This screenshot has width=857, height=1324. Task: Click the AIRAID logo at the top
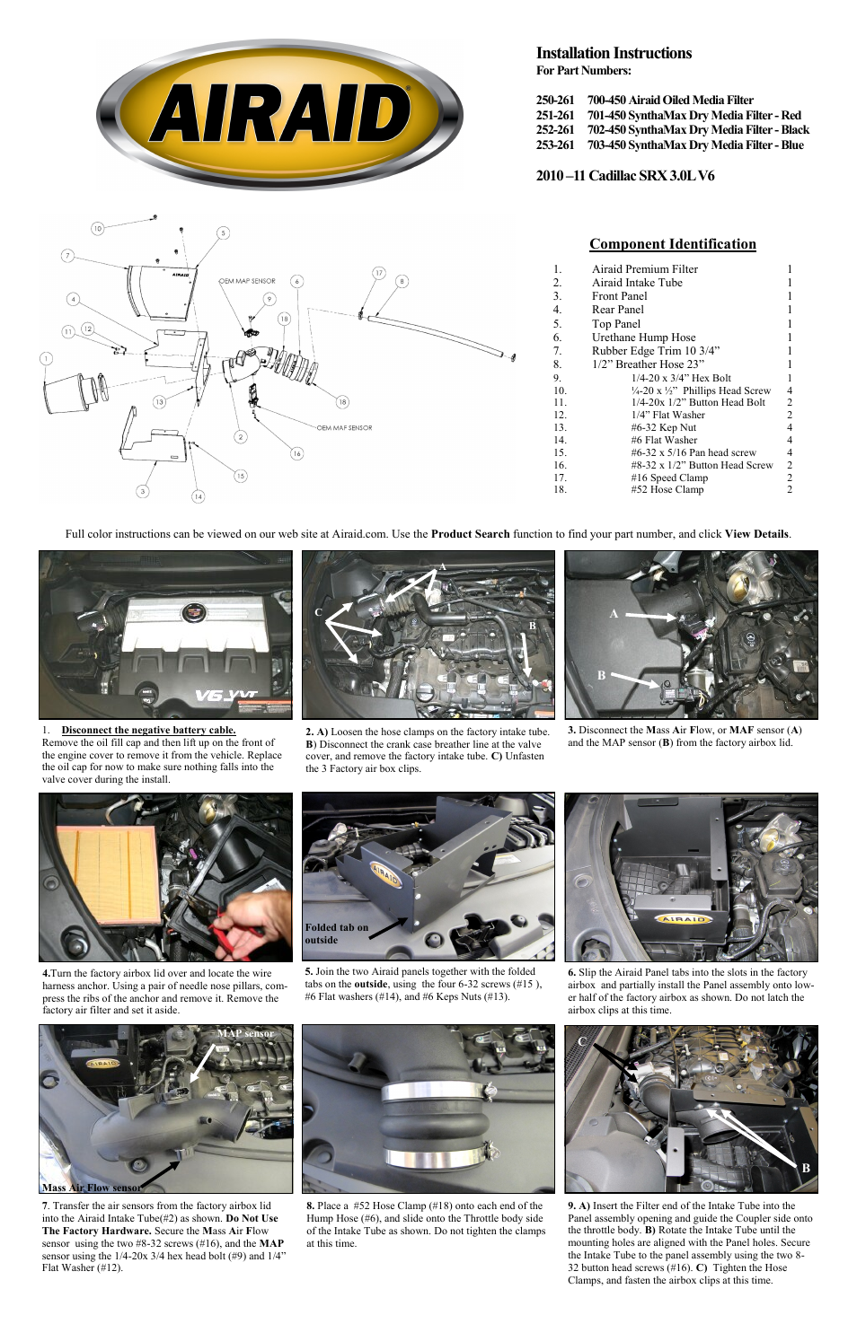(279, 115)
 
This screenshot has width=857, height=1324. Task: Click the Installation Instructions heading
(614, 53)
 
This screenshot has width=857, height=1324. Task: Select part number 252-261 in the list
(555, 129)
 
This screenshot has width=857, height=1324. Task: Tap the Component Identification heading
(672, 244)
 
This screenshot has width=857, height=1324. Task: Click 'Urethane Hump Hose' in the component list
(643, 338)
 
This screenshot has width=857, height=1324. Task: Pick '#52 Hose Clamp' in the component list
(667, 489)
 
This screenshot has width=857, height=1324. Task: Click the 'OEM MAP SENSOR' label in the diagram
(247, 281)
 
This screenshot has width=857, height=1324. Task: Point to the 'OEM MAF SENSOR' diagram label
(344, 427)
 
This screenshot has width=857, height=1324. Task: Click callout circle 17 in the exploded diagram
(379, 273)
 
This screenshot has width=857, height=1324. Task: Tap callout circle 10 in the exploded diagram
(97, 228)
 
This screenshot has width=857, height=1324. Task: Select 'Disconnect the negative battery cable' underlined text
(148, 730)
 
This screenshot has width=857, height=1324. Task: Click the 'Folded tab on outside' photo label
(336, 934)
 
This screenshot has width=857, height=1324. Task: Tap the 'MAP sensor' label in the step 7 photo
(245, 1033)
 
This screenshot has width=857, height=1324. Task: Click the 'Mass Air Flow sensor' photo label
(91, 1187)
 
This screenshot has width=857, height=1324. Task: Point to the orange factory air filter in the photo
(108, 875)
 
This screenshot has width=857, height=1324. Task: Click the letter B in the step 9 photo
(806, 1168)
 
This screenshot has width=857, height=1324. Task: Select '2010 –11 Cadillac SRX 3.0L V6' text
(625, 175)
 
